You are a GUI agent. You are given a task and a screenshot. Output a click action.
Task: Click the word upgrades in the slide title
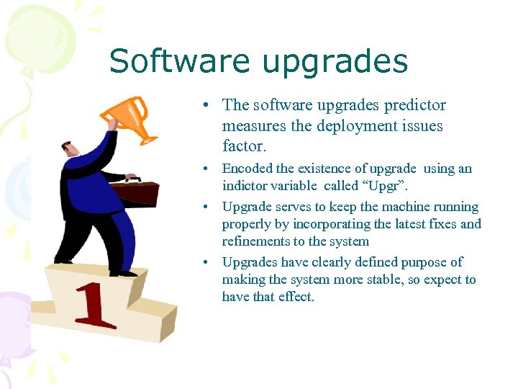coord(335,63)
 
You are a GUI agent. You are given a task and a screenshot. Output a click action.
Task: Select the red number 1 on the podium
coord(96,306)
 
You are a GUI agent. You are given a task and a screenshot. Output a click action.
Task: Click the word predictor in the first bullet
coord(413,105)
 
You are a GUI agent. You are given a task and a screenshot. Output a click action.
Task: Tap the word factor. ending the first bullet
coord(245,146)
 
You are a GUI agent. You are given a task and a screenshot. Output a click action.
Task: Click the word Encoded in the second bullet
coord(247,169)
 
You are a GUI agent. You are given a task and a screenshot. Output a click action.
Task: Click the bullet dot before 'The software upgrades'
coord(206,106)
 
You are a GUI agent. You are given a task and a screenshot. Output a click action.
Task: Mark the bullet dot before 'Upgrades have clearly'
coord(206,262)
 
